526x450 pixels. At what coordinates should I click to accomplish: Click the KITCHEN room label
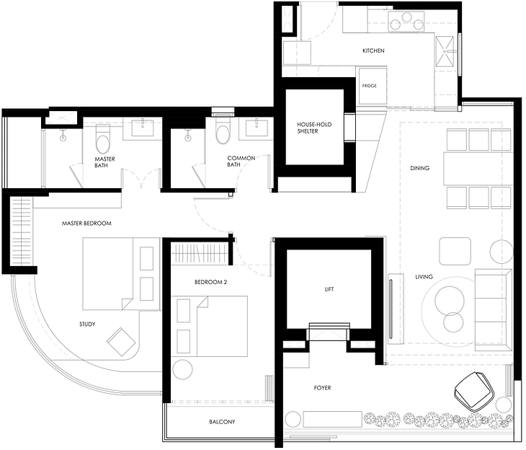pyautogui.click(x=373, y=50)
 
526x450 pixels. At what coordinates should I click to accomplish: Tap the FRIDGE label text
pyautogui.click(x=370, y=86)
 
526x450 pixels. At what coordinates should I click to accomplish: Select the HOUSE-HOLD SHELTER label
pyautogui.click(x=314, y=128)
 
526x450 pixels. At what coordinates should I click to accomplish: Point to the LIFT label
pyautogui.click(x=329, y=289)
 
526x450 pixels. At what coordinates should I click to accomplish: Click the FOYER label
pyautogui.click(x=322, y=388)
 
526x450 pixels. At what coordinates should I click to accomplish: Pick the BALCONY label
pyautogui.click(x=222, y=422)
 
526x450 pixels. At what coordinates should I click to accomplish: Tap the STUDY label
pyautogui.click(x=87, y=324)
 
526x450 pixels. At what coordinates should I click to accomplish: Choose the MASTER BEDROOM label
pyautogui.click(x=86, y=223)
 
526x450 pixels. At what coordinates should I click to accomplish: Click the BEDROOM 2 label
pyautogui.click(x=210, y=282)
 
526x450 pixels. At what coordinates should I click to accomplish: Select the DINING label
pyautogui.click(x=419, y=168)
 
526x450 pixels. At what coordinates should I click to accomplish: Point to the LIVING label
pyautogui.click(x=424, y=277)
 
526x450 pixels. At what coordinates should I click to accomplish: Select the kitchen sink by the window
pyautogui.click(x=445, y=51)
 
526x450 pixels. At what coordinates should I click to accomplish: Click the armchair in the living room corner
pyautogui.click(x=475, y=392)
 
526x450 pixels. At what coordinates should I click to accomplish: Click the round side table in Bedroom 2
pyautogui.click(x=182, y=369)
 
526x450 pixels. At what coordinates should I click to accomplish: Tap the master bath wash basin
pyautogui.click(x=143, y=128)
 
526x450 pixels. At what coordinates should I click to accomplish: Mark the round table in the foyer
pyautogui.click(x=293, y=419)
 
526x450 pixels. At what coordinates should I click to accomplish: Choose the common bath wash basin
pyautogui.click(x=257, y=128)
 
